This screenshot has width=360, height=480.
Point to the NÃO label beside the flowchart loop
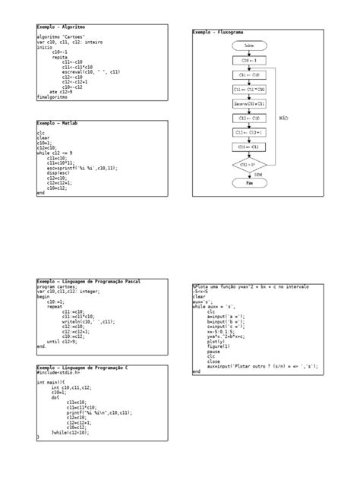(x=284, y=118)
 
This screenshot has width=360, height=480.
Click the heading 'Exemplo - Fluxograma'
(x=217, y=33)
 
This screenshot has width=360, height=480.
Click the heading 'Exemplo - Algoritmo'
(x=62, y=27)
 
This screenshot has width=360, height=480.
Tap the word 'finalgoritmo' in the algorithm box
(x=52, y=97)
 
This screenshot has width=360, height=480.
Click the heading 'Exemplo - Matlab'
(x=58, y=122)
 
